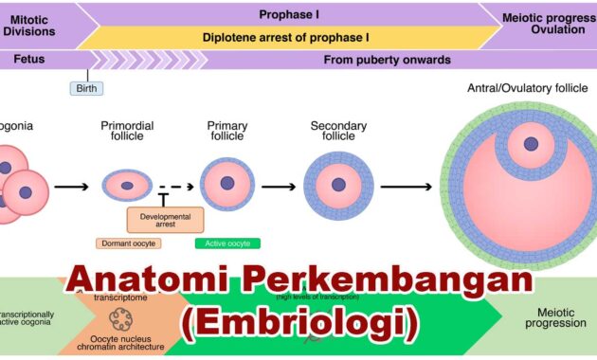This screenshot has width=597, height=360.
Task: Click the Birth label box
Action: coord(87,88)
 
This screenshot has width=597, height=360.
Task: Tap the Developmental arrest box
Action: coord(165,220)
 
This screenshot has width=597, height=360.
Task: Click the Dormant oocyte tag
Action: coord(128,243)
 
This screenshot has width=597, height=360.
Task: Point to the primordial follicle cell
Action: coord(126,184)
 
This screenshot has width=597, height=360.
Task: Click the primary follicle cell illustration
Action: coord(226,183)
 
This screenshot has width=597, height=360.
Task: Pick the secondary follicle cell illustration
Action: coord(338,184)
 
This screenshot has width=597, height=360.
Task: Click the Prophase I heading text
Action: coord(290,15)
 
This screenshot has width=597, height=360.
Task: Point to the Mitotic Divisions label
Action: coord(28,23)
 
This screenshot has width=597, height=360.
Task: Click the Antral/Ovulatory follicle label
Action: coord(522,88)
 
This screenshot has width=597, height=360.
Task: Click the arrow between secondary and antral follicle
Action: coord(407,187)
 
